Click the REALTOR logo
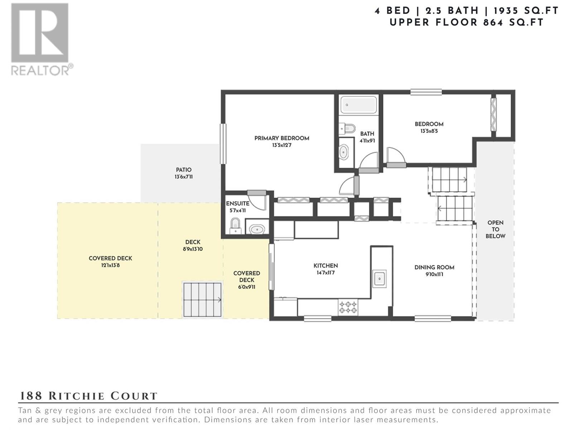[42, 39]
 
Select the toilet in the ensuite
[235, 226]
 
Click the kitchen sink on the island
[379, 279]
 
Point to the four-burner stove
[348, 307]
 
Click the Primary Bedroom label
[282, 138]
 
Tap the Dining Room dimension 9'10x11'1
[434, 274]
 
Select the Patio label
[183, 170]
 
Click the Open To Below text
[495, 229]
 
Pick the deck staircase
[203, 300]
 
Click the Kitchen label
[326, 266]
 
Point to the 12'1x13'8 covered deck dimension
[110, 266]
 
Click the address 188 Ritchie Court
[88, 396]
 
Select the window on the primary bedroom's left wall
[223, 144]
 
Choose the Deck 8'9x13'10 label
[193, 245]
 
